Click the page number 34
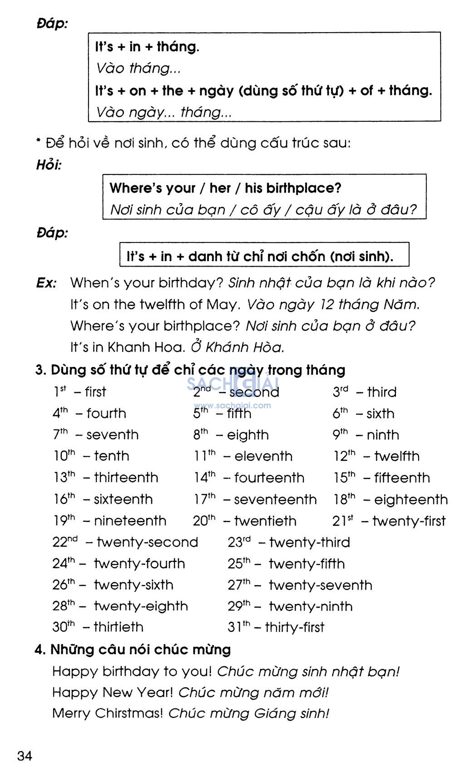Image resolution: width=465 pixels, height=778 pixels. pyautogui.click(x=25, y=756)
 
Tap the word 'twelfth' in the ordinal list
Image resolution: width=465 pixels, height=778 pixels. pyautogui.click(x=396, y=456)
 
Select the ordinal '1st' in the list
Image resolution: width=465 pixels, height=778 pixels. pyautogui.click(x=59, y=391)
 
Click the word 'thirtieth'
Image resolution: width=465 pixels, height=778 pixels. pyautogui.click(x=119, y=627)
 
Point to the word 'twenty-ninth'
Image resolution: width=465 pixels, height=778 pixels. pyautogui.click(x=310, y=606)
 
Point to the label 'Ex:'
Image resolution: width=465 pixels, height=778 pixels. pyautogui.click(x=46, y=283)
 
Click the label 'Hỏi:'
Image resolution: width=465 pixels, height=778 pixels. pyautogui.click(x=49, y=165)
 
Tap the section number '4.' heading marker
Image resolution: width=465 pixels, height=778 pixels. pyautogui.click(x=40, y=649)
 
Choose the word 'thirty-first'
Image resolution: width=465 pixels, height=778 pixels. pyautogui.click(x=294, y=627)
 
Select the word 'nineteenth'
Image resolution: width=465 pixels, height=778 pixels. pyautogui.click(x=130, y=521)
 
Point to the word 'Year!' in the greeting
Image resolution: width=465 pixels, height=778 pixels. pyautogui.click(x=153, y=692)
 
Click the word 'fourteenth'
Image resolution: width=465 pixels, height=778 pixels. pyautogui.click(x=269, y=478)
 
